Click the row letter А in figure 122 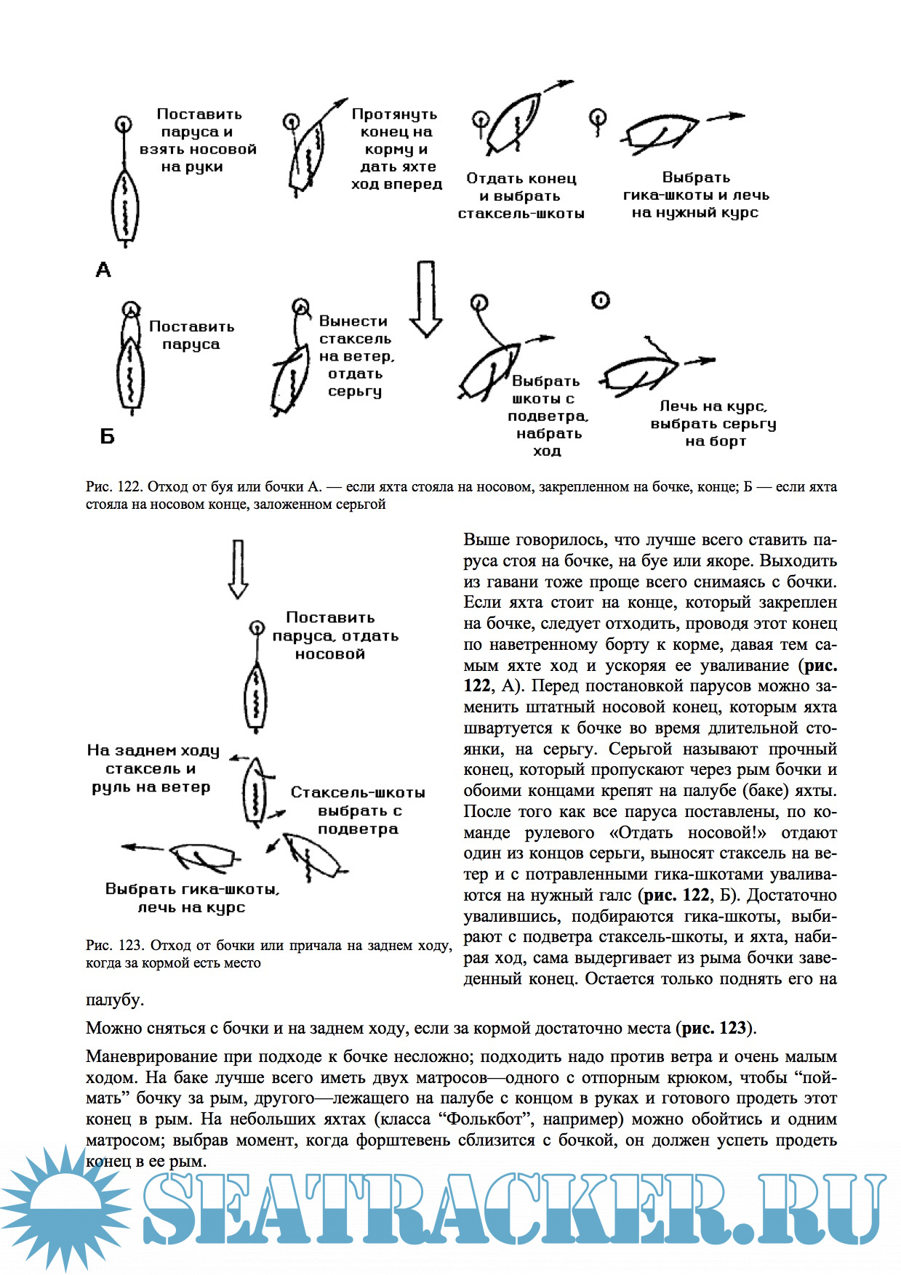(x=103, y=270)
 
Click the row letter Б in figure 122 (x=107, y=436)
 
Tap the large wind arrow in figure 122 (x=426, y=299)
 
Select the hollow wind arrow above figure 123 (x=238, y=569)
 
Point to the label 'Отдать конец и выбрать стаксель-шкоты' (x=521, y=196)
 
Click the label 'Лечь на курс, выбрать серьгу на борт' (x=713, y=424)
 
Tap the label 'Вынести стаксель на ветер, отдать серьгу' (x=356, y=356)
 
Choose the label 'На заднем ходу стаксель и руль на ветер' (x=152, y=768)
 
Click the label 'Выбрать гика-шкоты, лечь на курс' (x=192, y=898)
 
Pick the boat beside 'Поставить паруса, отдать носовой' (x=256, y=698)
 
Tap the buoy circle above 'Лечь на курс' (x=600, y=300)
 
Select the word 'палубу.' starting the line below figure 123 (x=114, y=1000)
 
